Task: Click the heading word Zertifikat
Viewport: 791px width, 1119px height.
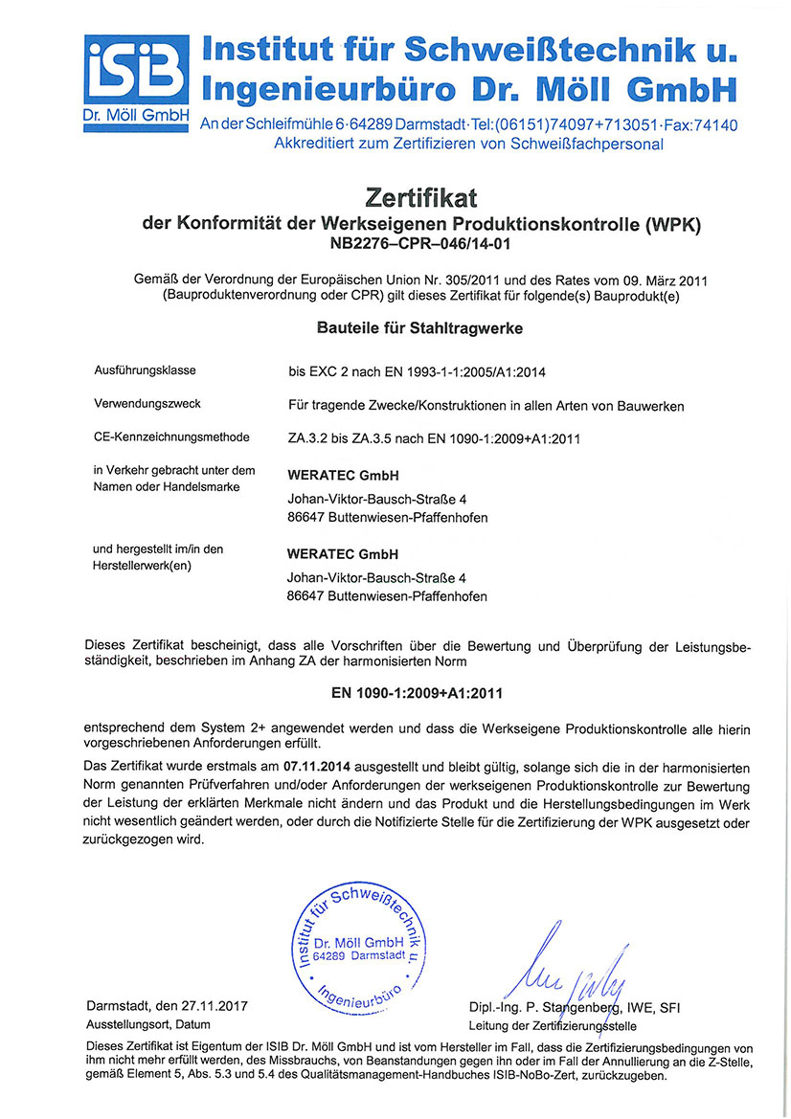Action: click(421, 198)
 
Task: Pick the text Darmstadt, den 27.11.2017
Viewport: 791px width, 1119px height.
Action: click(168, 1007)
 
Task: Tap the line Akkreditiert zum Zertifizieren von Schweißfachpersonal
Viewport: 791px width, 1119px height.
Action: click(468, 145)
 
